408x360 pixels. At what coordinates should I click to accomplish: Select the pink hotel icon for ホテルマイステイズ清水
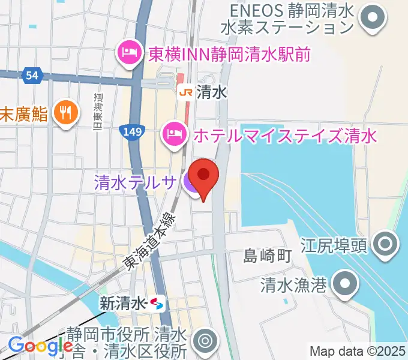[x=174, y=131]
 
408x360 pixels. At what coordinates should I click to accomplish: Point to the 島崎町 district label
[x=267, y=256]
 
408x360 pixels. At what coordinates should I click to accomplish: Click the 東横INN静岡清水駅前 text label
[x=228, y=54]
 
